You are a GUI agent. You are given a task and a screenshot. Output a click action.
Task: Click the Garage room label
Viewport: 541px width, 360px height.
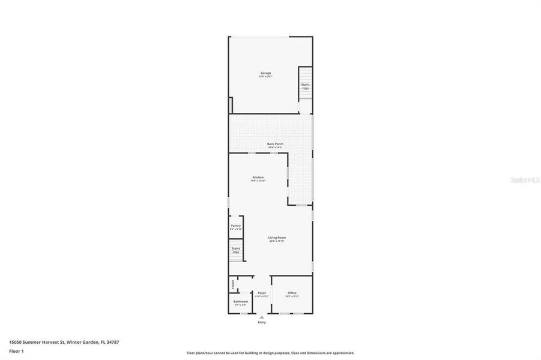(x=265, y=73)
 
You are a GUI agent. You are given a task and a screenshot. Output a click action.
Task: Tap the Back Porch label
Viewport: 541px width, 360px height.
(x=275, y=143)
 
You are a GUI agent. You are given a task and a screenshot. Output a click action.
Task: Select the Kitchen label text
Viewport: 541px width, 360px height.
(x=258, y=177)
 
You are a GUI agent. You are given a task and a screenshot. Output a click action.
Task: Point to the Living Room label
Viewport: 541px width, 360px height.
(x=277, y=238)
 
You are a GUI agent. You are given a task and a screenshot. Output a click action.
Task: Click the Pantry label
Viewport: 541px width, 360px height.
(x=235, y=226)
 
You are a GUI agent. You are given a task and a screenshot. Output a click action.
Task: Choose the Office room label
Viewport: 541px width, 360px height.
(x=292, y=293)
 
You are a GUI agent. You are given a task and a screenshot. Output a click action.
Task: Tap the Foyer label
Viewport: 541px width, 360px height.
(x=262, y=293)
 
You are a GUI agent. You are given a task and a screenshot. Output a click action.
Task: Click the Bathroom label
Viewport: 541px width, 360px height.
(x=240, y=301)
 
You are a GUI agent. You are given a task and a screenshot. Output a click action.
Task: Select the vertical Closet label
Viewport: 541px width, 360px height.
(x=232, y=283)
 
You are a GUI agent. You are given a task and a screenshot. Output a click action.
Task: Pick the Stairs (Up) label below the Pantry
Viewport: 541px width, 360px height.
(x=235, y=250)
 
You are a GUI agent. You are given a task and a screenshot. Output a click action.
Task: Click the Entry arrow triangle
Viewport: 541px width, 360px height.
(x=261, y=317)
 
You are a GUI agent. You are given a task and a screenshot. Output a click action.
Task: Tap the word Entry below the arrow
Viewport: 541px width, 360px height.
(x=262, y=323)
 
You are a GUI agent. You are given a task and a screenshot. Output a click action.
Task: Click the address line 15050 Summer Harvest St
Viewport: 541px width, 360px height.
(x=64, y=342)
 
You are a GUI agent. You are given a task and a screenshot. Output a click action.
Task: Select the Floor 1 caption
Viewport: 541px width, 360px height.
(x=16, y=351)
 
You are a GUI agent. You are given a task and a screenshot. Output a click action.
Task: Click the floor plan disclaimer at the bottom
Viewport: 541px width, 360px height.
(x=270, y=353)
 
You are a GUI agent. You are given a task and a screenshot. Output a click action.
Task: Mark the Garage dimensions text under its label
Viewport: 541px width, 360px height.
(x=265, y=77)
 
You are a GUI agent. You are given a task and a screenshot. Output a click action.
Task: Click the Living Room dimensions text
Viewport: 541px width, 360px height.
(x=277, y=241)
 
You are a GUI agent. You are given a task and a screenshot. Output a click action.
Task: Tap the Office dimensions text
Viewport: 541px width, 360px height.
(x=292, y=296)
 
